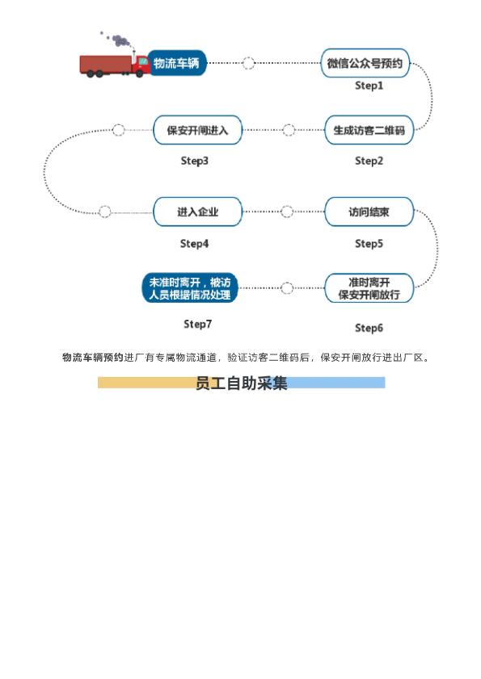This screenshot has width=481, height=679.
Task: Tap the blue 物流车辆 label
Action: point(176,63)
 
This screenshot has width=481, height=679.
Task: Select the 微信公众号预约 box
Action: point(365,63)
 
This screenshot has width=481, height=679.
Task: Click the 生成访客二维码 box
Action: point(369,130)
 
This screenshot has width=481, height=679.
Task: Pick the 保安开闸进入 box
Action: point(198,130)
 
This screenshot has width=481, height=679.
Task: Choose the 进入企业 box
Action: point(198,212)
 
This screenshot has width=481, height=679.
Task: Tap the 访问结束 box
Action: point(369,212)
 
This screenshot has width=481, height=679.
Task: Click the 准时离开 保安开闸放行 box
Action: point(369,288)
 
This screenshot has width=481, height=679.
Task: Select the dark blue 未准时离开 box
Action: point(190,288)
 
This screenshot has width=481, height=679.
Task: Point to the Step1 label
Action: point(369,86)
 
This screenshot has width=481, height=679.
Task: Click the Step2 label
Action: point(369,161)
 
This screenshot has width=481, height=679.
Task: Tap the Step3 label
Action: point(194,161)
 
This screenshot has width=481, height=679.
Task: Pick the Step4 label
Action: point(194,244)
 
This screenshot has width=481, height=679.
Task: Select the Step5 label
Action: point(369,244)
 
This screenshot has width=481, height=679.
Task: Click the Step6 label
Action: point(369,329)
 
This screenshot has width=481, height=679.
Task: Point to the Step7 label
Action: point(198,325)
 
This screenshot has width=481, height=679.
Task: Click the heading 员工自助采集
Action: point(241,384)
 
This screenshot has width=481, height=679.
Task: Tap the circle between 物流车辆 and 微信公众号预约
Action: point(248,63)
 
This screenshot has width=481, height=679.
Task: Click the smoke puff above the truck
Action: point(120,40)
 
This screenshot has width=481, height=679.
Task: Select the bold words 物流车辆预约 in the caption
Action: point(93,358)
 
